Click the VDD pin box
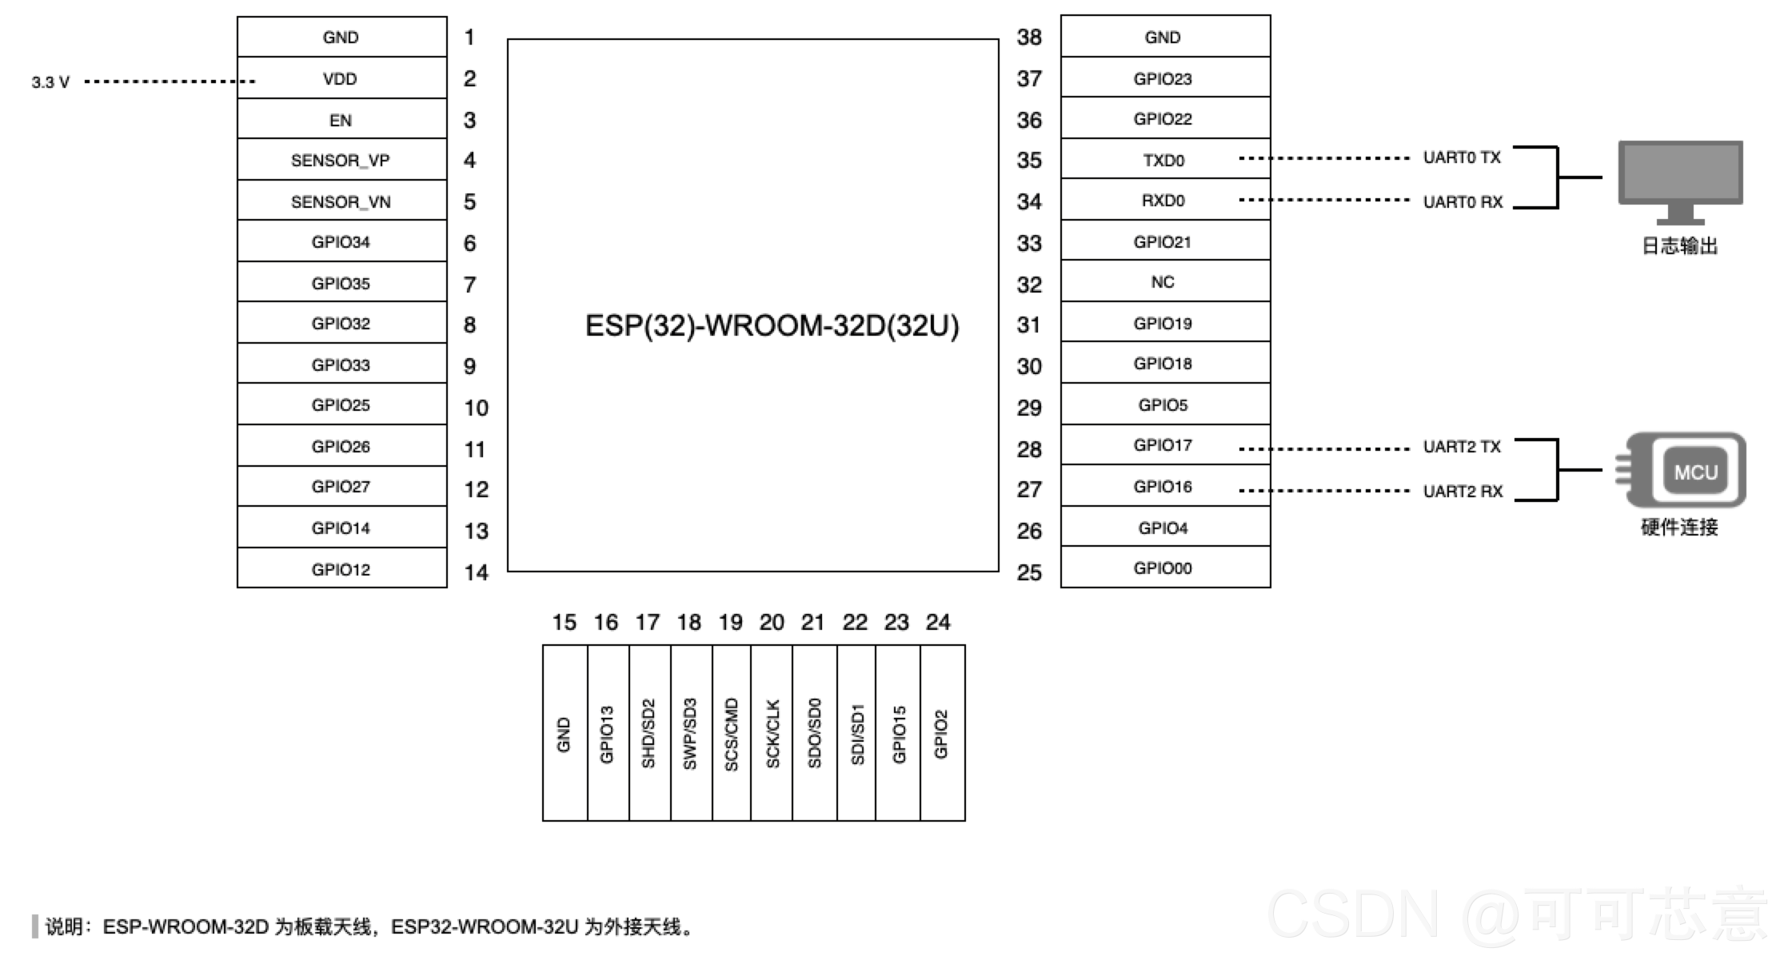[341, 78]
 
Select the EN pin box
[341, 119]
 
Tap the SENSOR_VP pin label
[341, 161]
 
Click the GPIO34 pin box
[341, 241]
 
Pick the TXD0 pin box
[1165, 159]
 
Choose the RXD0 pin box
[1165, 200]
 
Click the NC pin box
[1165, 281]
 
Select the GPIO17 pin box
[1165, 444]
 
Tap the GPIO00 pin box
[1165, 568]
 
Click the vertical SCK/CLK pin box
[772, 733]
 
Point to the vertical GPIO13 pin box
[608, 733]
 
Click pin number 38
[1029, 37]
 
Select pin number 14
[477, 572]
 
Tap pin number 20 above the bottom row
[772, 622]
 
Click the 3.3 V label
[50, 82]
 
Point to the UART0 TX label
[1462, 157]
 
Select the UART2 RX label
[1463, 491]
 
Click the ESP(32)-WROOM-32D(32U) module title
[772, 325]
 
